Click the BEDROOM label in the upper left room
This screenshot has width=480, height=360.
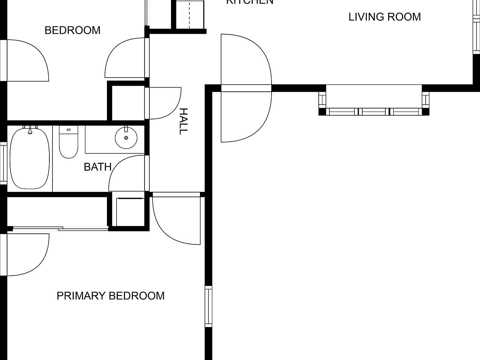(72, 30)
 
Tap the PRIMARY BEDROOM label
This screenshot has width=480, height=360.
(110, 296)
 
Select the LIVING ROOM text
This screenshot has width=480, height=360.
(384, 17)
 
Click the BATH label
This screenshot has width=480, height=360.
(97, 167)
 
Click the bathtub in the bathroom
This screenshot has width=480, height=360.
(30, 159)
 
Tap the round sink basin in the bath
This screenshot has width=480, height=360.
(126, 138)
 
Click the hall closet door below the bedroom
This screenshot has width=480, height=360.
(164, 103)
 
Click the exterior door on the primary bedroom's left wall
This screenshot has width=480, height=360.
(27, 255)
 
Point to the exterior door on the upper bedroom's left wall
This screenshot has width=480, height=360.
(27, 60)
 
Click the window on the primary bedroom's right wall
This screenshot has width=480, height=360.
(208, 306)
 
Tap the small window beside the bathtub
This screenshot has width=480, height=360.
(3, 162)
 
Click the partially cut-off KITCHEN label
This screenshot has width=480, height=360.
(249, 2)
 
